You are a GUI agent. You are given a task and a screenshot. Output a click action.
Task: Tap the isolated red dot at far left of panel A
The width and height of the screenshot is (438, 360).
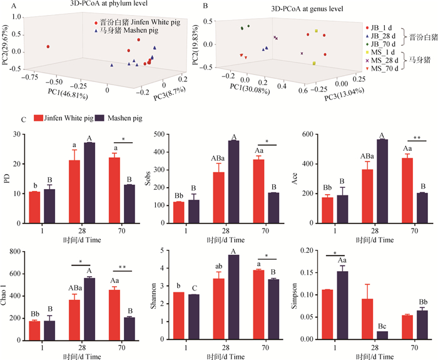[48, 46]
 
